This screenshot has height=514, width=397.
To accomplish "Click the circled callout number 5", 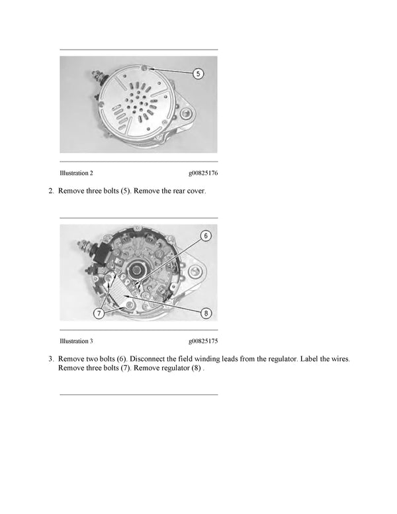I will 198,74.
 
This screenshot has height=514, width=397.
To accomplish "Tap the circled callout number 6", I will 206,235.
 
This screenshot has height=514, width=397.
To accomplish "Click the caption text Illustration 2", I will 76,173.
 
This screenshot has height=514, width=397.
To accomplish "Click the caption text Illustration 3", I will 76,341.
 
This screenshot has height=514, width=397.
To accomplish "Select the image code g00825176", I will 203,173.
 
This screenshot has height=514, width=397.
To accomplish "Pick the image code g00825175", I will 203,341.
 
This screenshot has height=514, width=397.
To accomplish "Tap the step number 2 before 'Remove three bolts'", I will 51,191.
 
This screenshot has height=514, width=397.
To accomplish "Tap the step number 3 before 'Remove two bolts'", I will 51,358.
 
